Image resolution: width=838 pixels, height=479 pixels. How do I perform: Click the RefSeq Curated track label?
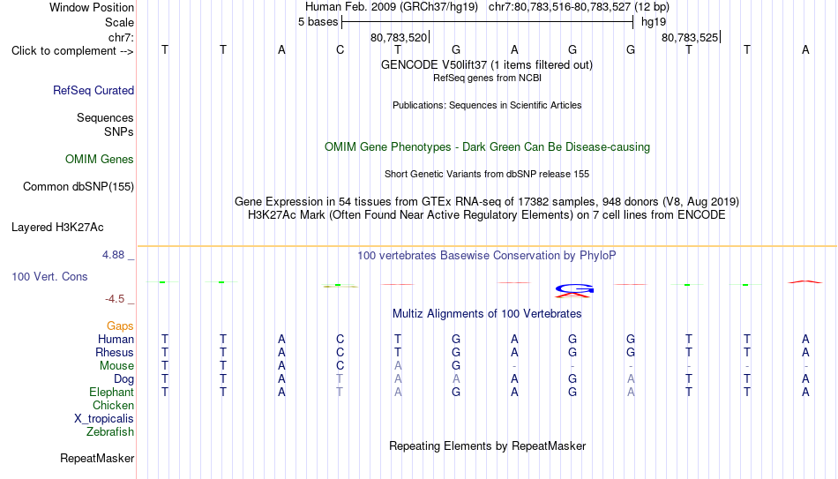94,90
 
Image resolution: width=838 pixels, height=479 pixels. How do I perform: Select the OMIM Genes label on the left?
100,160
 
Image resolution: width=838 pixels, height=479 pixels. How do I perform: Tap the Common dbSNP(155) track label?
79,187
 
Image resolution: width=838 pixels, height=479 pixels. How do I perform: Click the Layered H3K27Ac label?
57,228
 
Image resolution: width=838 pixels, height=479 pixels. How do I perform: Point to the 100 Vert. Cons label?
49,276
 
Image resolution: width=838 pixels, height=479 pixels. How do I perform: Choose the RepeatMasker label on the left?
97,458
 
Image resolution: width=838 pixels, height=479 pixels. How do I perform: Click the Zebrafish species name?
110,431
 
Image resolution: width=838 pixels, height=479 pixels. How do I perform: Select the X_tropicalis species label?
104,419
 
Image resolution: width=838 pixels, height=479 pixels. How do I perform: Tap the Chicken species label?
113,405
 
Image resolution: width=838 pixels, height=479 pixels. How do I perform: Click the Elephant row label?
112,392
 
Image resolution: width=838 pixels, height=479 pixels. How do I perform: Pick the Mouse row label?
116,366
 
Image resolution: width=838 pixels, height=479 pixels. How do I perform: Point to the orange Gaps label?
120,326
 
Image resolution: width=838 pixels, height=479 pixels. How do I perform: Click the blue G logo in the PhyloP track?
574,288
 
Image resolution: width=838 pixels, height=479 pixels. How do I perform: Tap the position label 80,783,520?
399,37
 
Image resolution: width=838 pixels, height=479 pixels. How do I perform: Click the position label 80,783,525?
690,37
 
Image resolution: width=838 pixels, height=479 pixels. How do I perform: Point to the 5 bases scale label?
318,22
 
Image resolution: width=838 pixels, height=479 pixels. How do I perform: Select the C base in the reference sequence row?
340,49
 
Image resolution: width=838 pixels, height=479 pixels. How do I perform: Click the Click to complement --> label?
72,51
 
